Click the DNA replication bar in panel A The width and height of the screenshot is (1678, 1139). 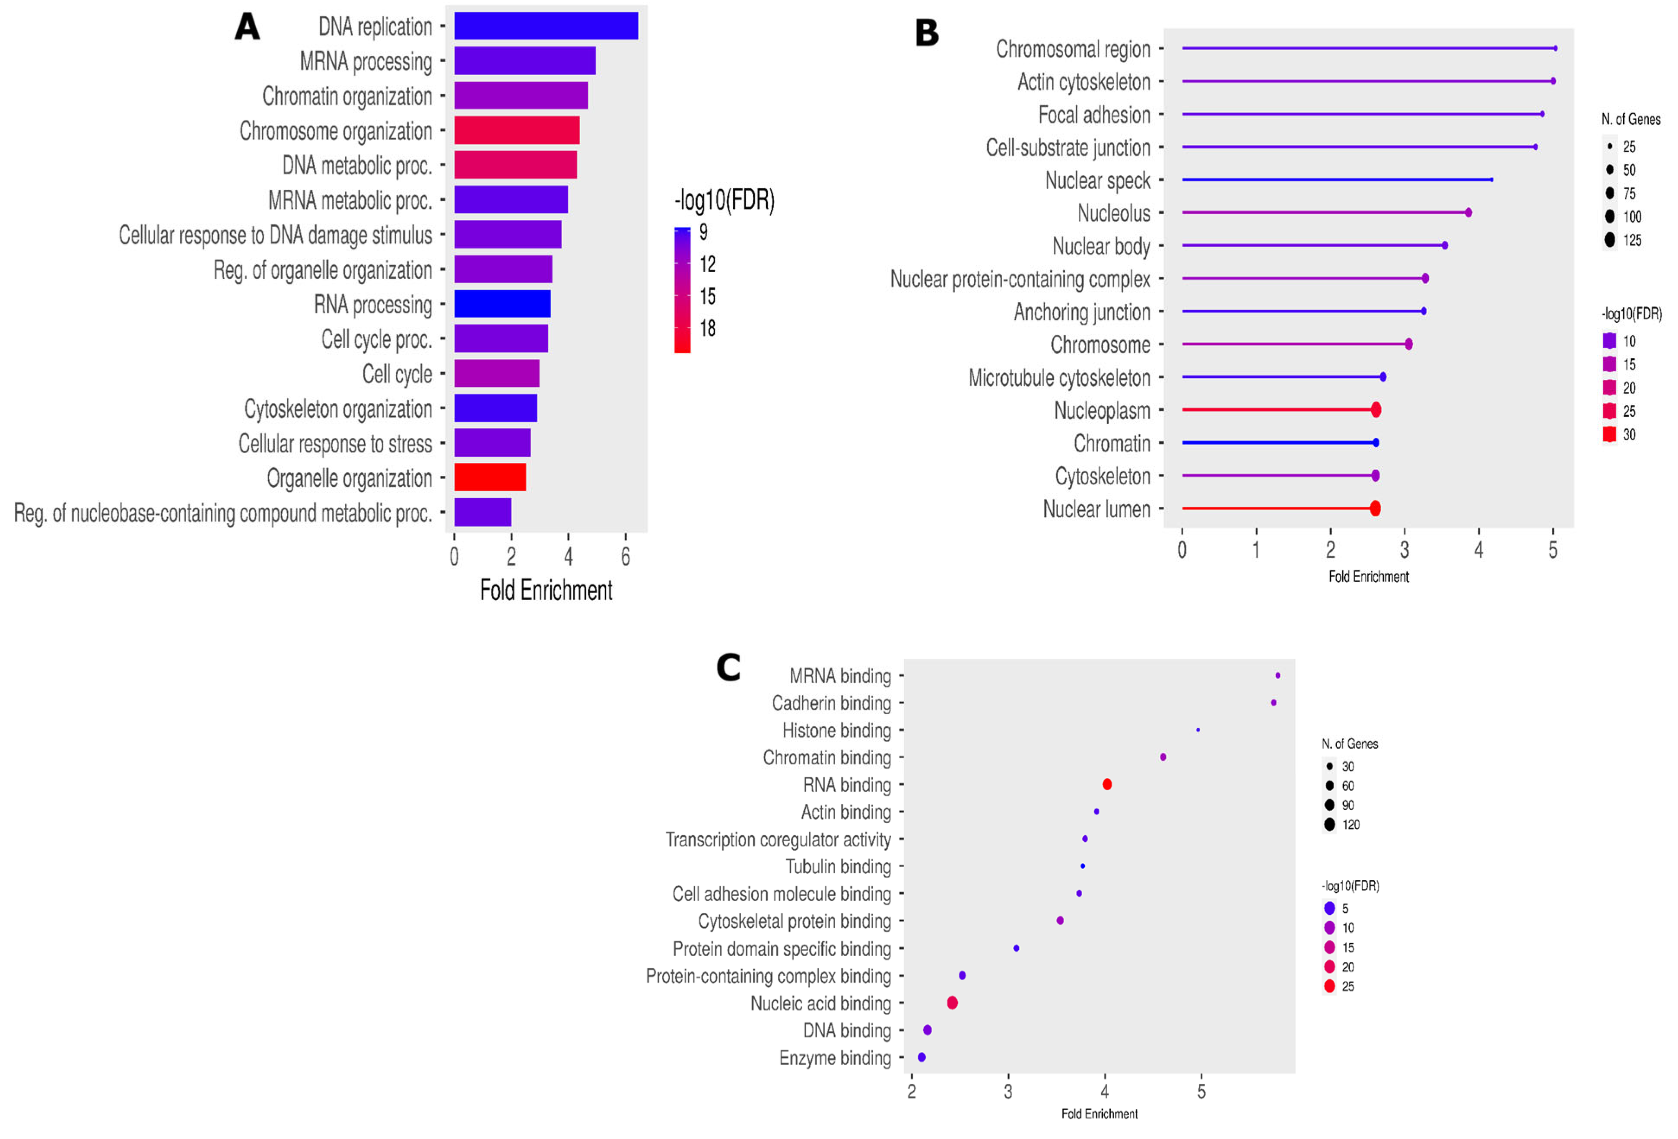[x=546, y=26]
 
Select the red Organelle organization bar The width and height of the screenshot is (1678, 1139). [x=489, y=477]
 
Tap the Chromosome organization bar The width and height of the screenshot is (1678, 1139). [x=516, y=130]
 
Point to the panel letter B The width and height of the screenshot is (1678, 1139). [x=927, y=33]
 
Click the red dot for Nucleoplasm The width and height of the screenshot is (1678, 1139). [x=1376, y=410]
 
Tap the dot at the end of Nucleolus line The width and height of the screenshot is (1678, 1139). [x=1468, y=212]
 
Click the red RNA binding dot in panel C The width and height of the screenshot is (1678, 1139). [x=1107, y=784]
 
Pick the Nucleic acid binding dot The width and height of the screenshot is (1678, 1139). [x=952, y=1002]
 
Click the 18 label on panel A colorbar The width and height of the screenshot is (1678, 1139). [x=708, y=329]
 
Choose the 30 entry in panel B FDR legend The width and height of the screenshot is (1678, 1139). [x=1629, y=435]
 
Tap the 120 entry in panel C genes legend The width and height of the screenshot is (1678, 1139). [x=1350, y=825]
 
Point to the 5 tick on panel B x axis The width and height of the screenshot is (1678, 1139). [x=1552, y=550]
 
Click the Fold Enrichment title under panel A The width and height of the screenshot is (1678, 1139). [x=546, y=591]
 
